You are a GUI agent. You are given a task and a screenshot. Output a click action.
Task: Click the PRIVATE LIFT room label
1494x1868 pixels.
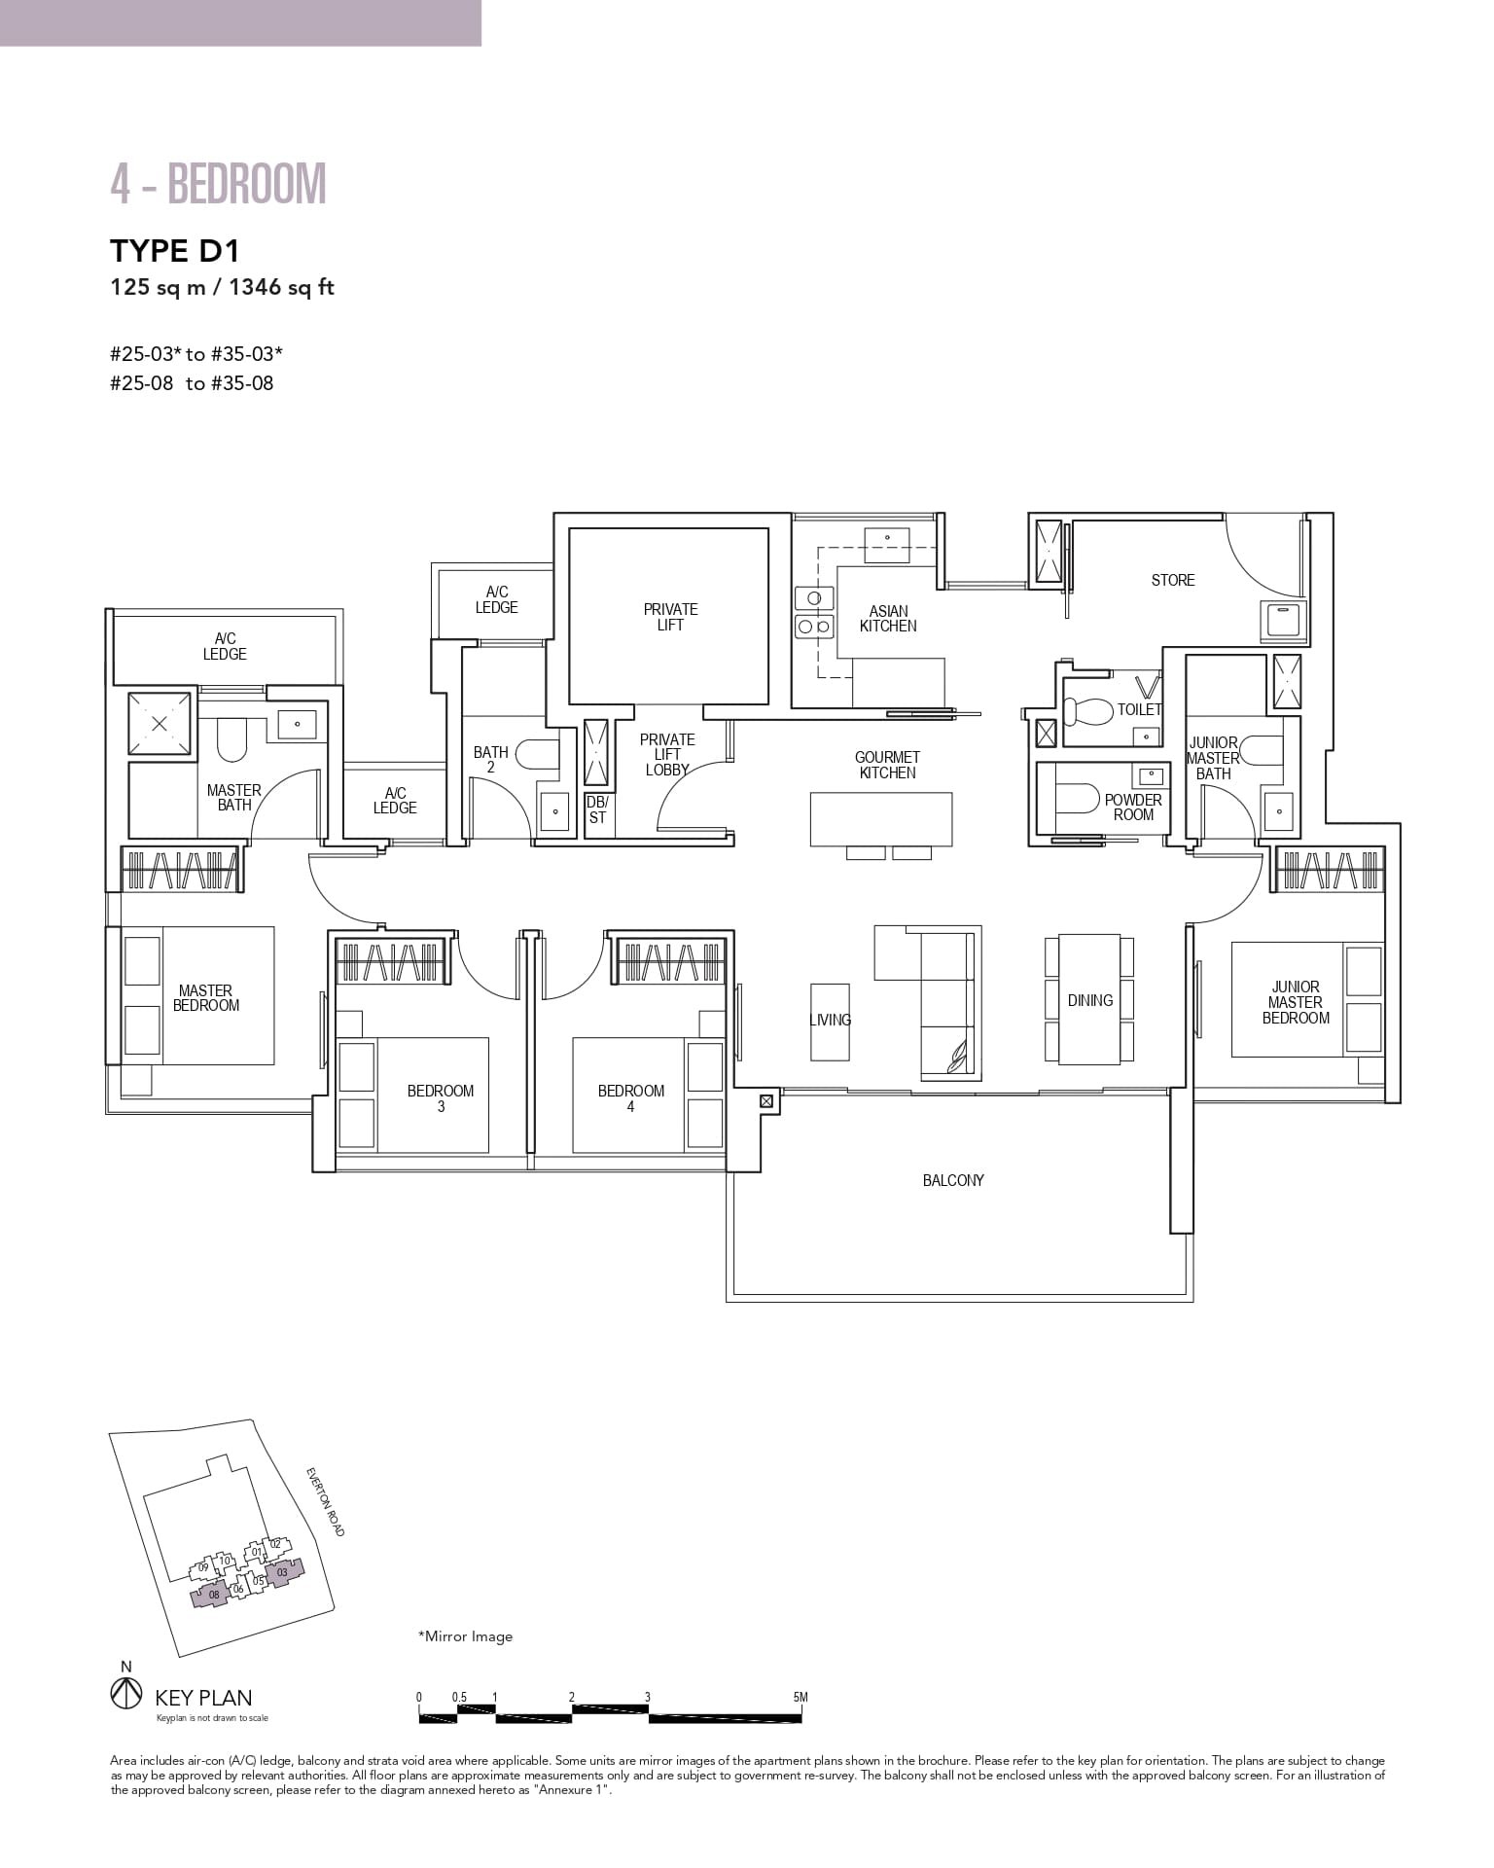tap(670, 617)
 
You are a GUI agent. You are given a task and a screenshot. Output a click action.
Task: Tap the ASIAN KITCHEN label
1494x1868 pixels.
tap(887, 619)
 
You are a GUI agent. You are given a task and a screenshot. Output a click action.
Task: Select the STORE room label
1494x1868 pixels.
tap(1172, 580)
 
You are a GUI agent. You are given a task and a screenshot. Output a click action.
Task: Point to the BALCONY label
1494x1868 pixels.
tap(953, 1180)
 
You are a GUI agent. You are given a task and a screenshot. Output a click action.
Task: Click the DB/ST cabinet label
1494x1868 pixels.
tap(596, 809)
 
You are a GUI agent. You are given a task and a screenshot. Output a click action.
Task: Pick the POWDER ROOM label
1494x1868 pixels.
tap(1132, 807)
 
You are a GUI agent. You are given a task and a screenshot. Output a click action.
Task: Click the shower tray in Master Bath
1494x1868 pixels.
tap(159, 723)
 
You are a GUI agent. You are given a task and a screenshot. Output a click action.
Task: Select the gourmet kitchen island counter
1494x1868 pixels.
tap(880, 818)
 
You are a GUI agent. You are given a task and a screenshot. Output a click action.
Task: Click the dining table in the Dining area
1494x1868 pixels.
tap(1088, 999)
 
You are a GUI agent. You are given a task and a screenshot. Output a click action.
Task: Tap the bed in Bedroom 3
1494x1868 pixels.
tap(432, 1095)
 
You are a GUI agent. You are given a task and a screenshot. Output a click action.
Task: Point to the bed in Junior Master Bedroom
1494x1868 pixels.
tap(1294, 999)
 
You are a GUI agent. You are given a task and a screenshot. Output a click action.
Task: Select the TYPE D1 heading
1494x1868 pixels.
tap(175, 251)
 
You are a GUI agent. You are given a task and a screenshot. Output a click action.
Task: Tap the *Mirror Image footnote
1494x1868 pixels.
tap(465, 1636)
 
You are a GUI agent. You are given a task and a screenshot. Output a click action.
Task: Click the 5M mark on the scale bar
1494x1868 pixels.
tap(800, 1697)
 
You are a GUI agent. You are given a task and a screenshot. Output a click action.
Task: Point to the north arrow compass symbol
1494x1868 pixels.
tap(124, 1694)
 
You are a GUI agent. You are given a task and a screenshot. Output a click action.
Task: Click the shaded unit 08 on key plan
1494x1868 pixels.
tap(213, 1594)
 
